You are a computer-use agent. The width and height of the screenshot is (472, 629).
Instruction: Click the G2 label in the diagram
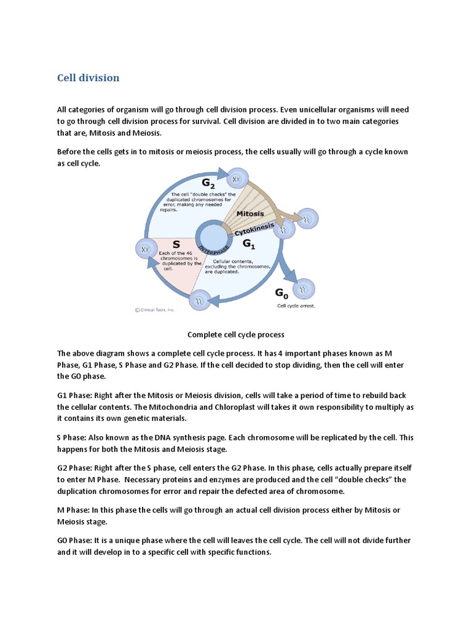point(209,182)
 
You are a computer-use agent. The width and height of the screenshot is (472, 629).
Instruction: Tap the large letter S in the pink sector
point(176,244)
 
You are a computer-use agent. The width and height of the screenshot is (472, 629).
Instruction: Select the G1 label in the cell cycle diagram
point(248,244)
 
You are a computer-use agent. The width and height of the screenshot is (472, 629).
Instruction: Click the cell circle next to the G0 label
point(304,289)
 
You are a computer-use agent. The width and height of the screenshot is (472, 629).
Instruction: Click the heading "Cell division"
point(88,78)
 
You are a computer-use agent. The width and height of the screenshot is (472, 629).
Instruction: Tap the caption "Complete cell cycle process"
point(235,335)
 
